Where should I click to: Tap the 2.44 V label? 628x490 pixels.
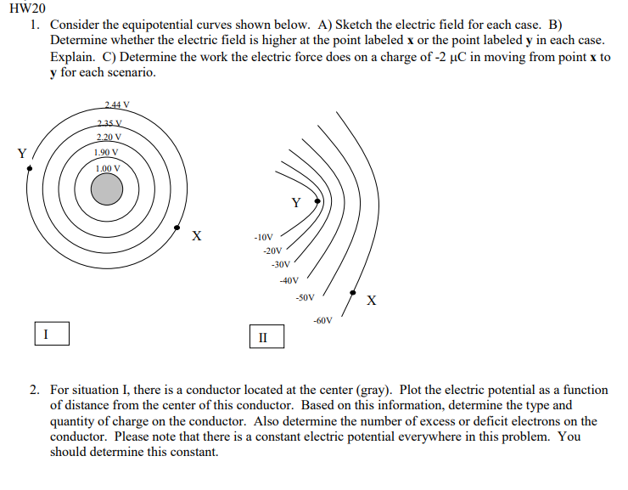116,105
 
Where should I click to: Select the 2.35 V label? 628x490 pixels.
108,124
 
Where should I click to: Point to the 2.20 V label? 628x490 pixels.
109,138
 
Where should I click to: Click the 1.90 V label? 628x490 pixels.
106,153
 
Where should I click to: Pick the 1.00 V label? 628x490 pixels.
107,168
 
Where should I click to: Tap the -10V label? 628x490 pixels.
263,237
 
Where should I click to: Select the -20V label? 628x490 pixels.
272,251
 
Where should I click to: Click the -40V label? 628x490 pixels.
289,280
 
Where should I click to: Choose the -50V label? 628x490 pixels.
305,298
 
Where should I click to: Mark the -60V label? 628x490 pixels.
322,320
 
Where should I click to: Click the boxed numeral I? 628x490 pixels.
47,334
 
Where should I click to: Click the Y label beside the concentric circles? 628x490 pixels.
22,154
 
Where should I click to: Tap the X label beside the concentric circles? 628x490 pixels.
196,235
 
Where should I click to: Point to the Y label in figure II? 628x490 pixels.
295,203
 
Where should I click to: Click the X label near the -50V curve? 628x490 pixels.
372,301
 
